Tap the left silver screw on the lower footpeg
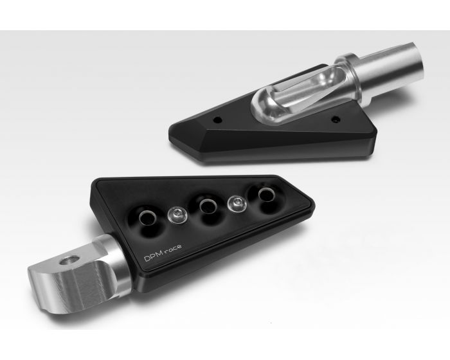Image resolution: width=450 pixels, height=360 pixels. (x=177, y=215)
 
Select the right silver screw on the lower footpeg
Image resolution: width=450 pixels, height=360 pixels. (x=237, y=204)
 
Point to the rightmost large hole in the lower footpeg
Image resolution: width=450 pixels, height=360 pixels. (x=267, y=194)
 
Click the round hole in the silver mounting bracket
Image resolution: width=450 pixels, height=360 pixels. (x=70, y=260)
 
